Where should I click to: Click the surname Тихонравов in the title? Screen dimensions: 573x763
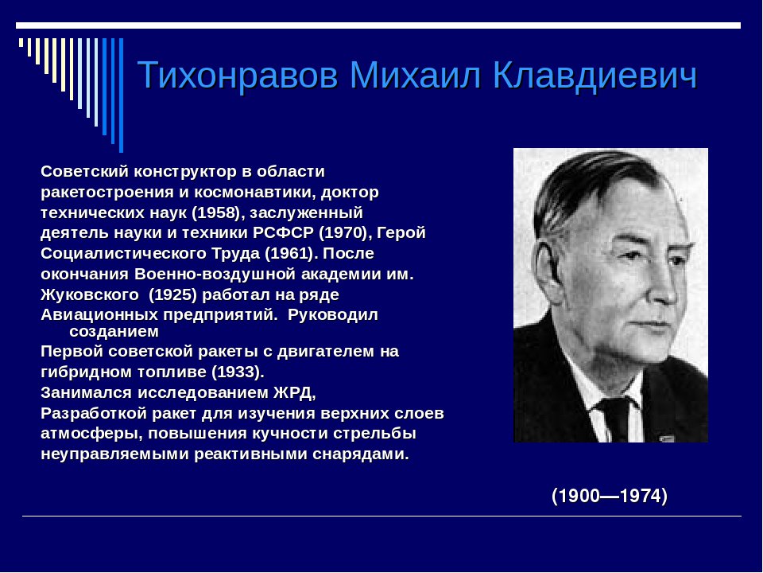click(x=239, y=76)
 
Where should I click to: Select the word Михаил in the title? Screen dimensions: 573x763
click(x=417, y=76)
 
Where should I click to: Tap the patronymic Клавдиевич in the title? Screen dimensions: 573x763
click(x=595, y=76)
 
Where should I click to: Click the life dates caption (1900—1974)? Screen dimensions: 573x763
click(x=610, y=496)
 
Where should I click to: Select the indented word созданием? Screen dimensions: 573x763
click(x=114, y=331)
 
